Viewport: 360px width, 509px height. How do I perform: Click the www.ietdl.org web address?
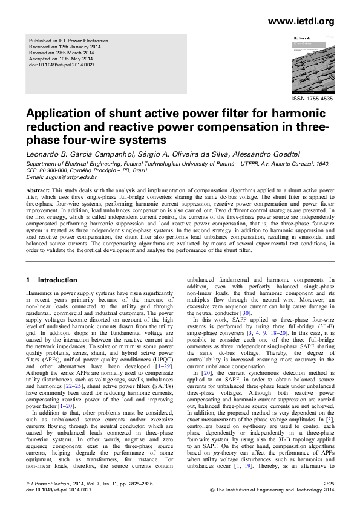coord(300,22)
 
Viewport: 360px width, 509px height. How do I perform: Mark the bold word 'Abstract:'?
coord(38,189)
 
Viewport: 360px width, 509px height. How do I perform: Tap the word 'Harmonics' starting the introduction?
coord(40,293)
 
